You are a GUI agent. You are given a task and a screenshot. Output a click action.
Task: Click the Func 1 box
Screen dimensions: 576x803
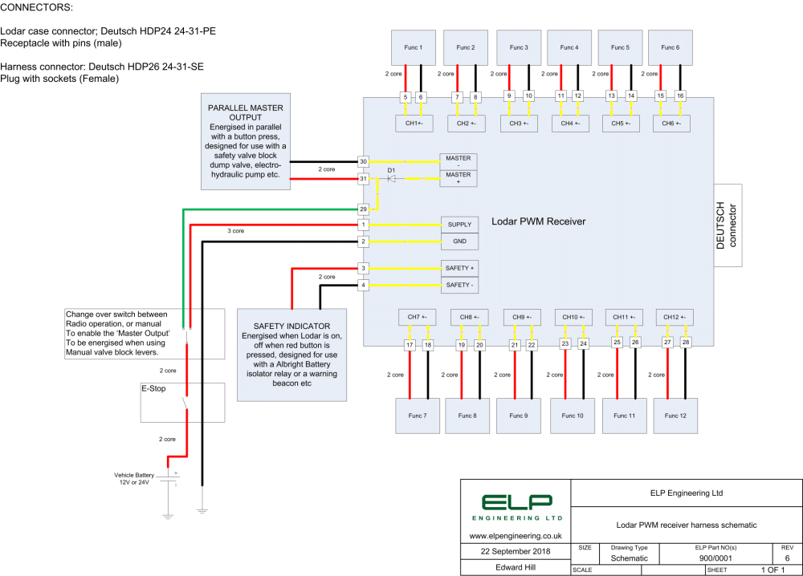(414, 47)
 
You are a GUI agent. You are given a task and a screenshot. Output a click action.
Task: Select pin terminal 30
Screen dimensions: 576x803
(363, 161)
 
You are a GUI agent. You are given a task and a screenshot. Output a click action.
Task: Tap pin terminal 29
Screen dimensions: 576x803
(363, 209)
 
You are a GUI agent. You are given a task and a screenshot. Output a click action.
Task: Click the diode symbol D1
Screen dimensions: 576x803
(391, 177)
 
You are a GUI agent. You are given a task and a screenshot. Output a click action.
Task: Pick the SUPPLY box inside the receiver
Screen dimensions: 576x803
(459, 225)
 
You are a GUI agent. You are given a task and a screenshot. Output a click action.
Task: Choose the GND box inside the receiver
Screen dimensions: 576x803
(459, 241)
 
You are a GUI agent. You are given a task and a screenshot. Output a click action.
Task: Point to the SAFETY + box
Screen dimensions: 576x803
(459, 268)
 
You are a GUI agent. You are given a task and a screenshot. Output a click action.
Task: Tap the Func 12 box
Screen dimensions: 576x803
(675, 416)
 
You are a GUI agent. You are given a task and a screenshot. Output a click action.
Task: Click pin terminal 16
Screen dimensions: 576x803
(681, 96)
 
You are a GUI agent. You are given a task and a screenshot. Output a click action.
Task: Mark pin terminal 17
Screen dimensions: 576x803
(410, 346)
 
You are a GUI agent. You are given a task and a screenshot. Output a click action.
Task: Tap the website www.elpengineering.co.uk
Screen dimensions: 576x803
(515, 534)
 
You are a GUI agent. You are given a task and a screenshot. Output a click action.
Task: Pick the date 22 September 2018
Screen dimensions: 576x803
(515, 551)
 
